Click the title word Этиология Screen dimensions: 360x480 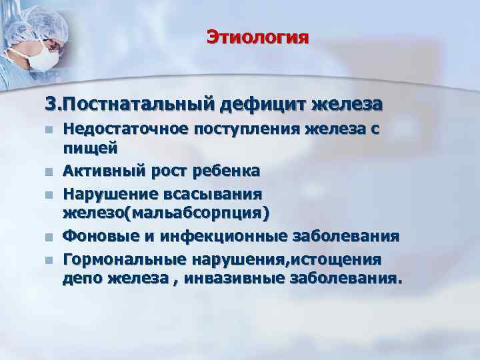[257, 36]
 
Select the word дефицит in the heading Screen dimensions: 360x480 [257, 105]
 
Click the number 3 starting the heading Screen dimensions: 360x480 [50, 105]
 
